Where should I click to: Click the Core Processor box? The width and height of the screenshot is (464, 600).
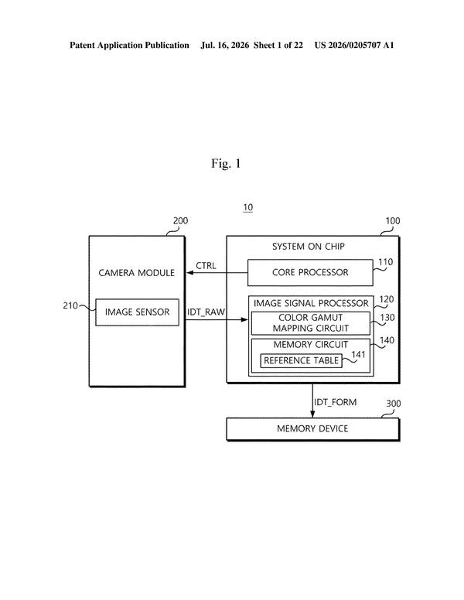tap(310, 272)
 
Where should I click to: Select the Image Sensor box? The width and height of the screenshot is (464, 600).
tap(137, 312)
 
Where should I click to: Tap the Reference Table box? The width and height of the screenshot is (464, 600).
tap(302, 360)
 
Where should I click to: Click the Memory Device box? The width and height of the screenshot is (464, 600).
tap(312, 429)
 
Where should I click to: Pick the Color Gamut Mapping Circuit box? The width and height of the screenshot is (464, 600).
tap(310, 323)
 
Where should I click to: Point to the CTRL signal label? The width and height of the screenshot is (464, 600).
tap(206, 265)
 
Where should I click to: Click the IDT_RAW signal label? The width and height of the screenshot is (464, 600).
tap(206, 312)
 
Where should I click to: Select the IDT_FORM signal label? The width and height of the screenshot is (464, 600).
tap(336, 402)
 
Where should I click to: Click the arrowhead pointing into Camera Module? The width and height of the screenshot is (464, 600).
tap(189, 273)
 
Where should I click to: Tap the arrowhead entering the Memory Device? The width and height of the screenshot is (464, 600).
tap(312, 414)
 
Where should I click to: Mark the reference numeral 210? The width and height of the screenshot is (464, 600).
tap(70, 305)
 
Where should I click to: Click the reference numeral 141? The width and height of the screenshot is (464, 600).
tap(358, 355)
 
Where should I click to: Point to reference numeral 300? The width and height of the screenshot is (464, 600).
tap(393, 404)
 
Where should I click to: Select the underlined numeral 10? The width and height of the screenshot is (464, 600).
tap(248, 207)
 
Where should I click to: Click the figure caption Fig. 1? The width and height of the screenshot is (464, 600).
tap(226, 163)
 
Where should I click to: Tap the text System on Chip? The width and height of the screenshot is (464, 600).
tap(309, 247)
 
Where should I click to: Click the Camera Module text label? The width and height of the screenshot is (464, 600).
tap(137, 273)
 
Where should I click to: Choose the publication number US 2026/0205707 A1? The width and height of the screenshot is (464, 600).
tap(354, 45)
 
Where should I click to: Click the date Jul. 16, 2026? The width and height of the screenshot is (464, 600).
tap(225, 45)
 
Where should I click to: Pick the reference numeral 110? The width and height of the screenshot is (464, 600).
tap(386, 262)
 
